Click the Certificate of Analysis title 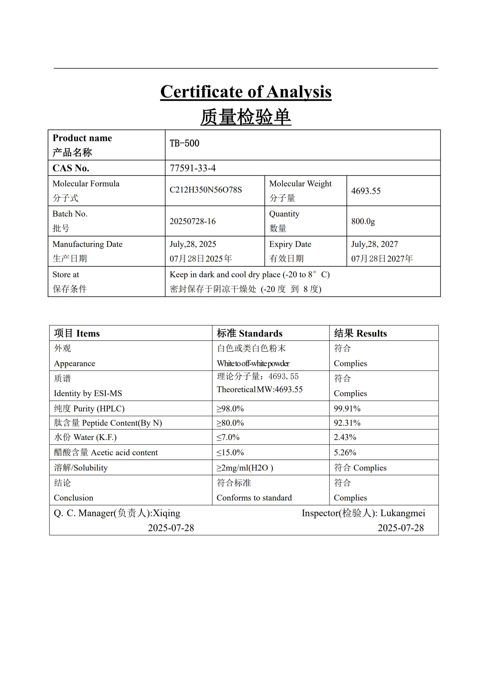pos(245,92)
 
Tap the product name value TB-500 pos(184,143)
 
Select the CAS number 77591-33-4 pos(192,168)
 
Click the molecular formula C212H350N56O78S pos(205,190)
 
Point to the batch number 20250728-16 pos(192,221)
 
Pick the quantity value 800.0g pos(363,221)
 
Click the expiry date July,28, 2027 pos(374,244)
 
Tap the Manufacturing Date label pos(87,244)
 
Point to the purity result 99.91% pos(347,409)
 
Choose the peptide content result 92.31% pos(347,423)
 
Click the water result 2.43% pos(345,437)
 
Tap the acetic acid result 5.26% pos(345,452)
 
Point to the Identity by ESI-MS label pos(88,393)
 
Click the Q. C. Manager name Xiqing pos(166,513)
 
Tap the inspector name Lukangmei pos(403,513)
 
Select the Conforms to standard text pos(254,498)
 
